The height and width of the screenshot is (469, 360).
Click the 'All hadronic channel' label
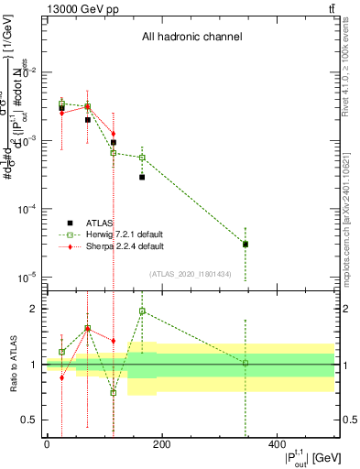191,38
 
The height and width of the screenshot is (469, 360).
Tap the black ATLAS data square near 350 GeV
245,244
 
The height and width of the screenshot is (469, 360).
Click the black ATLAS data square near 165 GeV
142,177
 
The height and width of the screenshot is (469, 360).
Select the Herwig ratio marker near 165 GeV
142,311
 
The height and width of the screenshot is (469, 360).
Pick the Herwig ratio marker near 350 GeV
245,363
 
